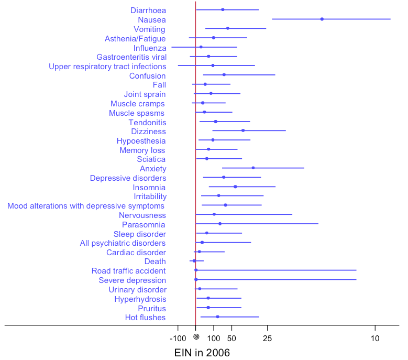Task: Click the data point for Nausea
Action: click(x=322, y=19)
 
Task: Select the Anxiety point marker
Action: click(x=253, y=168)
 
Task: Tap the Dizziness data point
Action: click(x=242, y=130)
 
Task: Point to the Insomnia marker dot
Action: click(x=235, y=187)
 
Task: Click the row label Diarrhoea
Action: click(x=148, y=10)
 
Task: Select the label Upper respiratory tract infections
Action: click(x=107, y=67)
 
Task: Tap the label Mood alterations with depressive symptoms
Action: click(x=86, y=205)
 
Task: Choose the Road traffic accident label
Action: click(x=128, y=271)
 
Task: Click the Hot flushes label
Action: click(x=145, y=317)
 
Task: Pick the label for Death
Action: click(x=155, y=261)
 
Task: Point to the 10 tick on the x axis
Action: click(x=374, y=338)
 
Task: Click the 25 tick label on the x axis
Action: click(x=267, y=338)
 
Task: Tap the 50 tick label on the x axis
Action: click(x=231, y=338)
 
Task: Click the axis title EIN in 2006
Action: click(x=202, y=353)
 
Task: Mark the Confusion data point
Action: click(x=224, y=75)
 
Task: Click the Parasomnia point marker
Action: click(x=220, y=224)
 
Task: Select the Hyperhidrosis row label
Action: click(x=140, y=299)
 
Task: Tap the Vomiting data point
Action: click(x=227, y=28)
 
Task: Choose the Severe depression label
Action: click(x=132, y=280)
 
